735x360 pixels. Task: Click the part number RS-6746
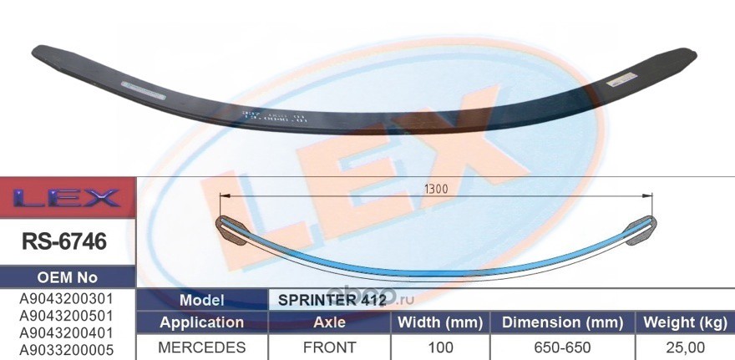pos(67,241)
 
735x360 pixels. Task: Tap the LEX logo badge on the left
pos(67,199)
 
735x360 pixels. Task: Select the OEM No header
pos(67,277)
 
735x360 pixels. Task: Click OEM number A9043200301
pos(67,298)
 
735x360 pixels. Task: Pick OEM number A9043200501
pos(67,316)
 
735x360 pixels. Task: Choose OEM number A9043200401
pos(67,332)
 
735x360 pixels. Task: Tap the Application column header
pos(201,322)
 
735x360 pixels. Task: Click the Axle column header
pos(328,322)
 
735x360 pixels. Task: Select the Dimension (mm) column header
pos(562,322)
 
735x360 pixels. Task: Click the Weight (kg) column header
pos(684,322)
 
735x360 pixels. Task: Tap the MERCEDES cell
pos(201,347)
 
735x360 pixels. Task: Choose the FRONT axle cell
pos(328,347)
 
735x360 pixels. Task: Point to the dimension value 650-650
pos(562,347)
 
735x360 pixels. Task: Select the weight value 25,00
pos(684,347)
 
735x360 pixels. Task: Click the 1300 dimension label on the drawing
pos(435,190)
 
